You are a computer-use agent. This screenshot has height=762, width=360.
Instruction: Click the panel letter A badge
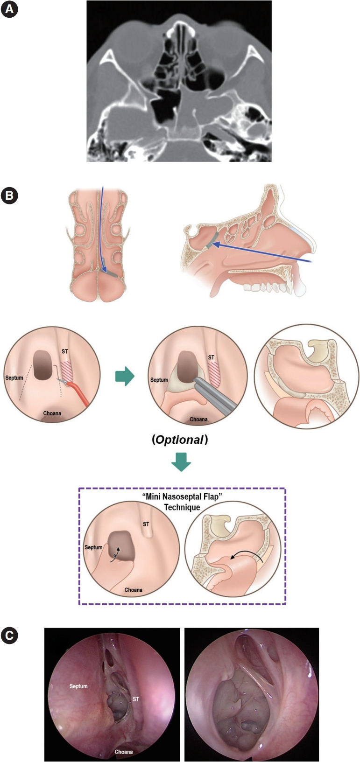(x=9, y=10)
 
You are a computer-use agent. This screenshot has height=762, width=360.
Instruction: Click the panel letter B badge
(x=9, y=195)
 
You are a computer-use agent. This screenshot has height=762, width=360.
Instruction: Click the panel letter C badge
(x=9, y=635)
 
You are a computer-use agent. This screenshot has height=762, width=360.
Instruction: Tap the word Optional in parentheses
(x=180, y=440)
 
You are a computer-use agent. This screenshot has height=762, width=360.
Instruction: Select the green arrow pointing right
(x=124, y=376)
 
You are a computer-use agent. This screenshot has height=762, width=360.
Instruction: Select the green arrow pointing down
(x=181, y=462)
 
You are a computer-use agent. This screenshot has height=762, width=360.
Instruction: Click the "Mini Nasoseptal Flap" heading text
(x=182, y=496)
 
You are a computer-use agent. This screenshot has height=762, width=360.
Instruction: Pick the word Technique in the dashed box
(x=182, y=507)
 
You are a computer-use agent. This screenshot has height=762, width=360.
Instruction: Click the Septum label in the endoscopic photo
(x=78, y=686)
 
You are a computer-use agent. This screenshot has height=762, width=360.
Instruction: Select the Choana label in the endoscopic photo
(x=124, y=752)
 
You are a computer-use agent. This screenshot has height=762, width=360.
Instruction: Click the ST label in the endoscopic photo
(x=136, y=699)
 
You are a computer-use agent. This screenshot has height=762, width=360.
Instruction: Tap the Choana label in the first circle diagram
(x=52, y=413)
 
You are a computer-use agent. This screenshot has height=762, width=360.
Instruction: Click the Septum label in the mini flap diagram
(x=93, y=547)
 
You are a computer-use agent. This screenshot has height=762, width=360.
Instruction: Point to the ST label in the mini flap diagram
(x=146, y=524)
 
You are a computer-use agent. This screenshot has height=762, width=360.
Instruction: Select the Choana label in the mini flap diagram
(x=133, y=590)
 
